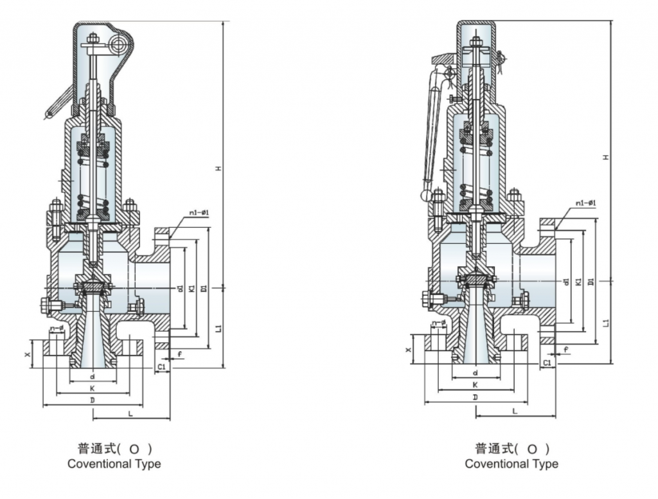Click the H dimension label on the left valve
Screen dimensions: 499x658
coord(218,168)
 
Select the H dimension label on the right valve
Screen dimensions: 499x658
coord(606,157)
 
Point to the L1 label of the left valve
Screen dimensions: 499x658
coord(218,328)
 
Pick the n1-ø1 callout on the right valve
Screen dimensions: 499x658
coord(586,203)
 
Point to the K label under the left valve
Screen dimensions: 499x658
coord(93,389)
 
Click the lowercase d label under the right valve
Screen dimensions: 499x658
coord(476,373)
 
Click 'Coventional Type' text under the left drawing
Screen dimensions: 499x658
coord(114,464)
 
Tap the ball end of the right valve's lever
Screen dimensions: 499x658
coord(425,194)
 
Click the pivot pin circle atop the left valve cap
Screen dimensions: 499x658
coord(117,44)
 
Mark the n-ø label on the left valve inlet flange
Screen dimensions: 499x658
coord(58,329)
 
